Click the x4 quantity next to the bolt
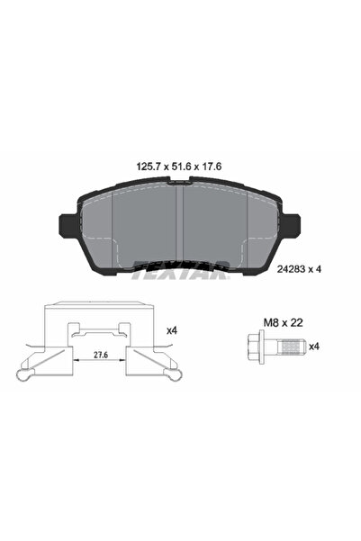pos(314,346)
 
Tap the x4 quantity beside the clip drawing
pos(171,332)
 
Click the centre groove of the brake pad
pos(179,225)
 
